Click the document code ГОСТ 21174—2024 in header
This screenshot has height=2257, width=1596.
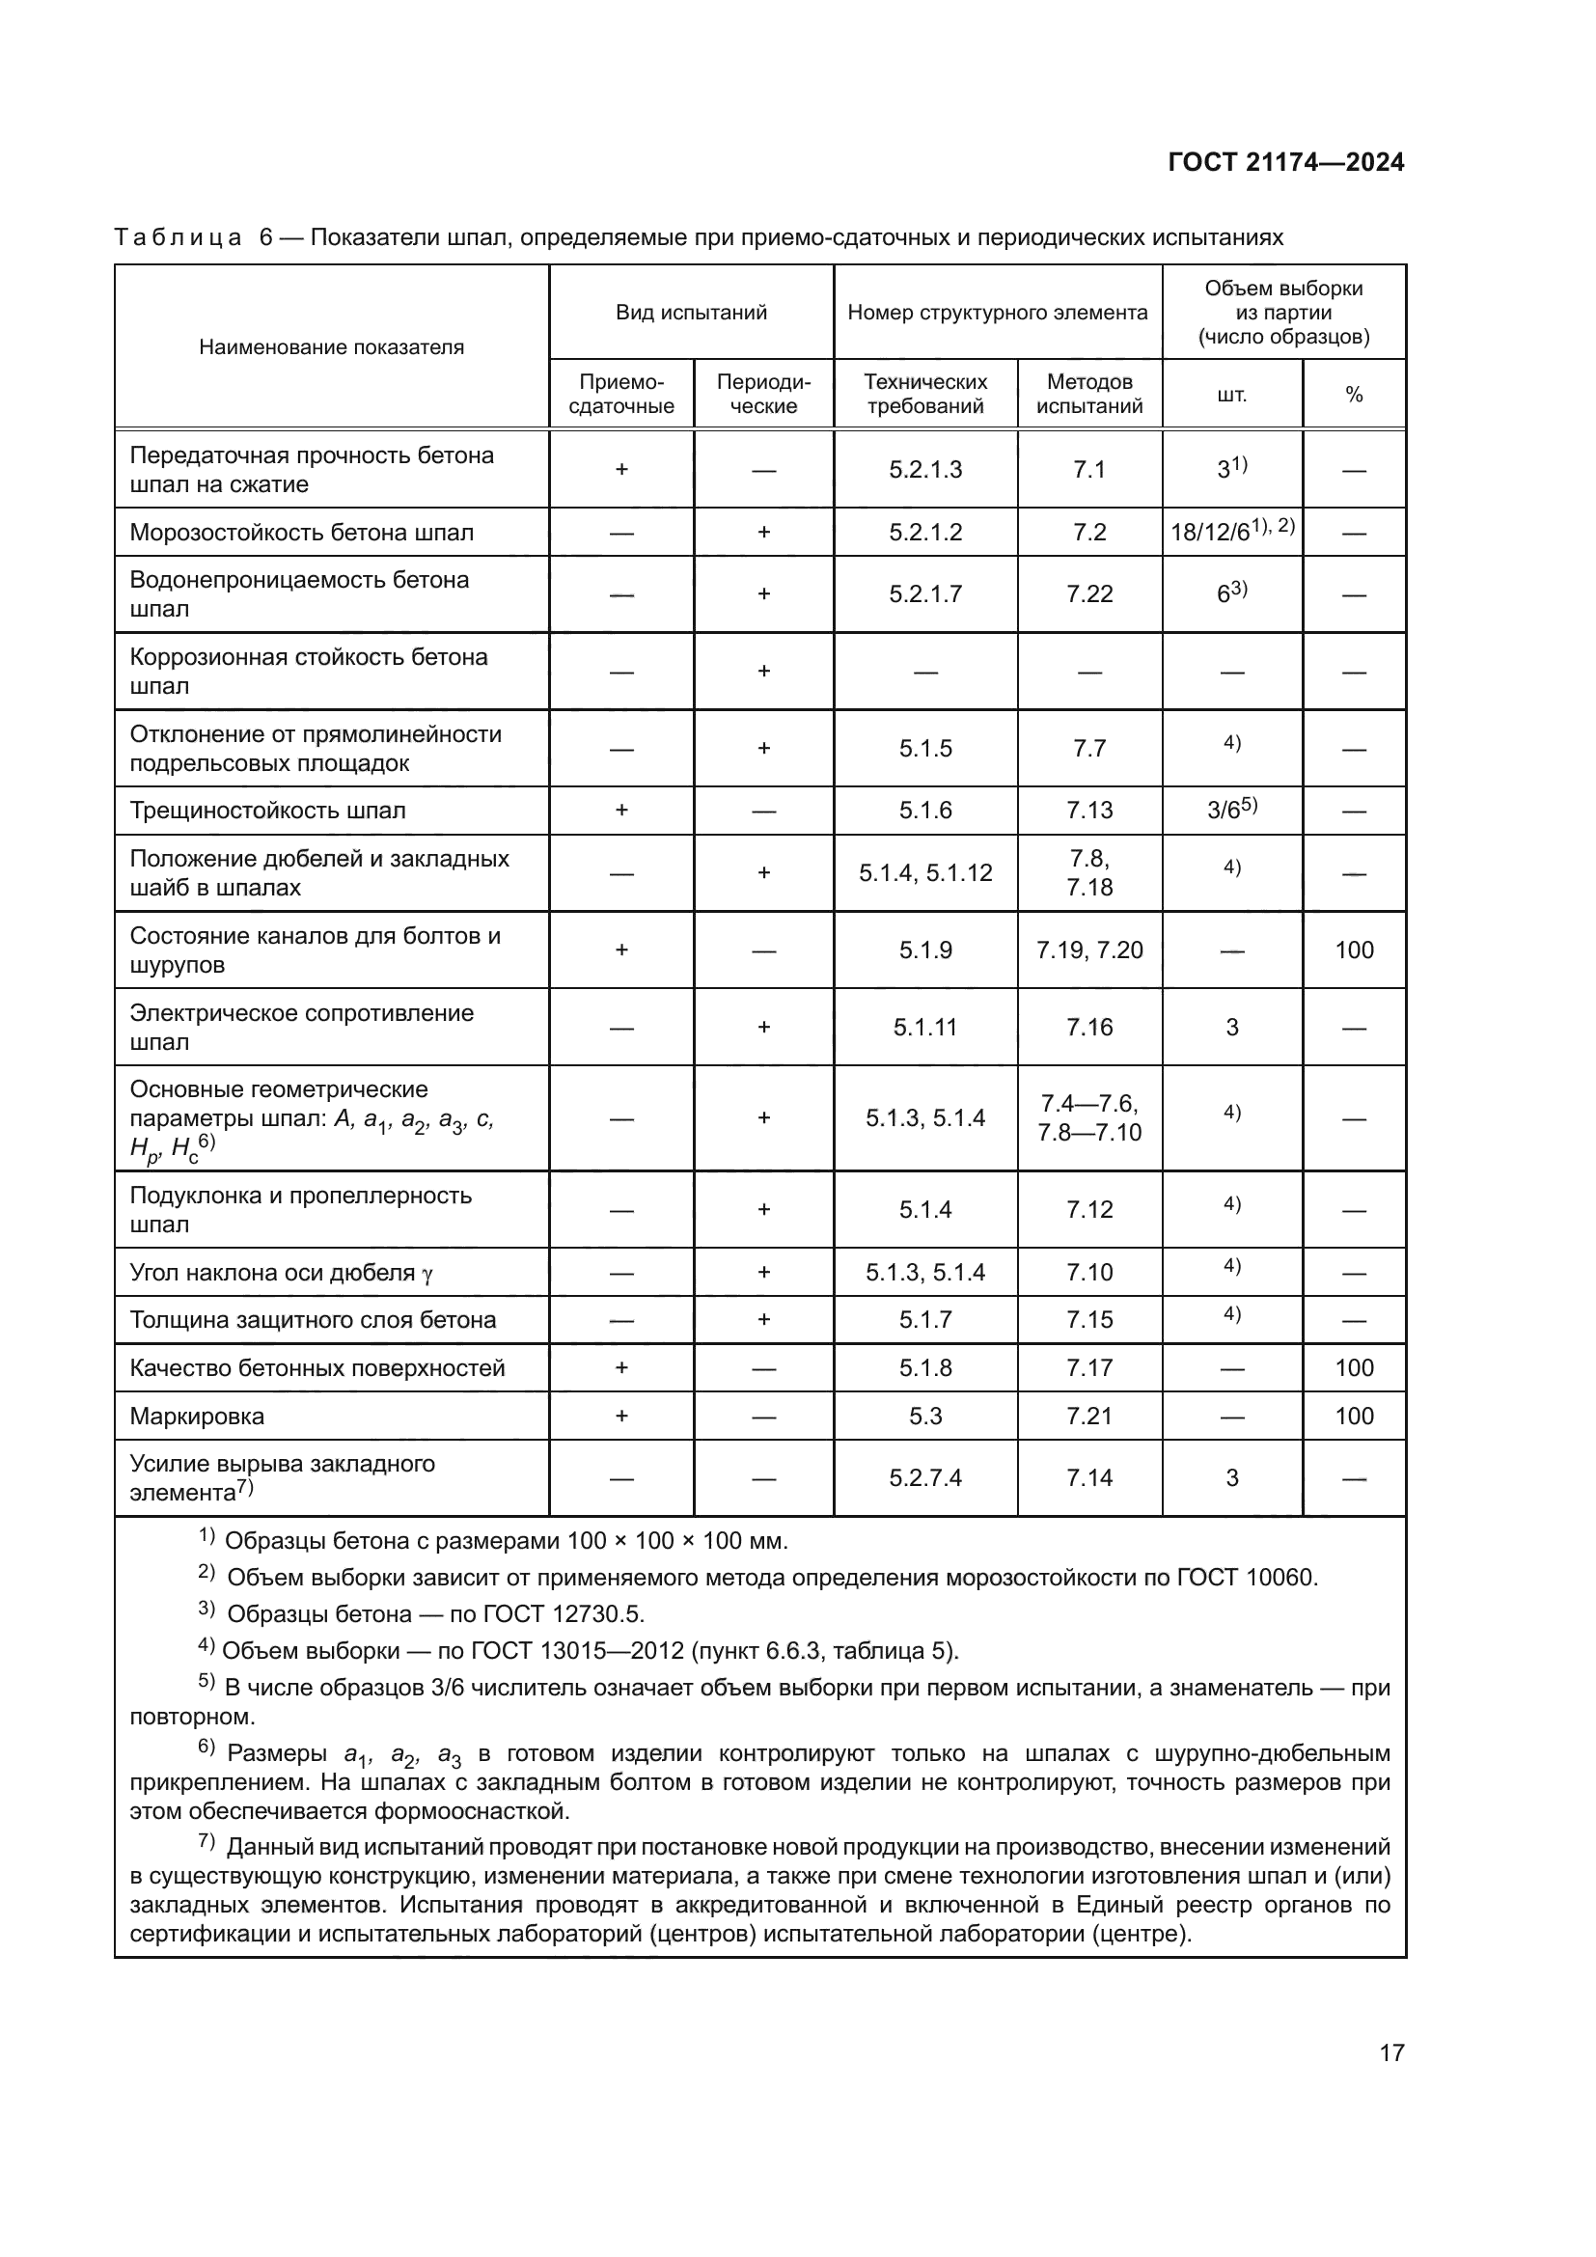(x=1285, y=163)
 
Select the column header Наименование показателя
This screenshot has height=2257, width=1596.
(x=331, y=347)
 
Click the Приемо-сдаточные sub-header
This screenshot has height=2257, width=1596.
(x=621, y=395)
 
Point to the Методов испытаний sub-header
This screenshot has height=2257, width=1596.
(x=1088, y=395)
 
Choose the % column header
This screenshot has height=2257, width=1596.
(x=1353, y=396)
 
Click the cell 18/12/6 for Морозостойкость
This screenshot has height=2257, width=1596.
(x=1231, y=532)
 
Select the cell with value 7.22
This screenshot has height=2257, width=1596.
(x=1088, y=593)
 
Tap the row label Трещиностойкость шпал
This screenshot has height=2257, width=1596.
(x=267, y=811)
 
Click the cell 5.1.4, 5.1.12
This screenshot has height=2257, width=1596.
(x=924, y=873)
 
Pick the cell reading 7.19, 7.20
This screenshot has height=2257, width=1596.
(x=1088, y=950)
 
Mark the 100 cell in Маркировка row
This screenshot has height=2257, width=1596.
(x=1353, y=1417)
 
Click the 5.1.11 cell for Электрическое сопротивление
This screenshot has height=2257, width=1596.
(x=924, y=1028)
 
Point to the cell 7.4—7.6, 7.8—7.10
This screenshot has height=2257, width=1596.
(x=1088, y=1118)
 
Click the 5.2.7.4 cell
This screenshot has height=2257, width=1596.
(x=924, y=1478)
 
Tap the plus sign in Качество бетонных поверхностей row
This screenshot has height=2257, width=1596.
(x=621, y=1368)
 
